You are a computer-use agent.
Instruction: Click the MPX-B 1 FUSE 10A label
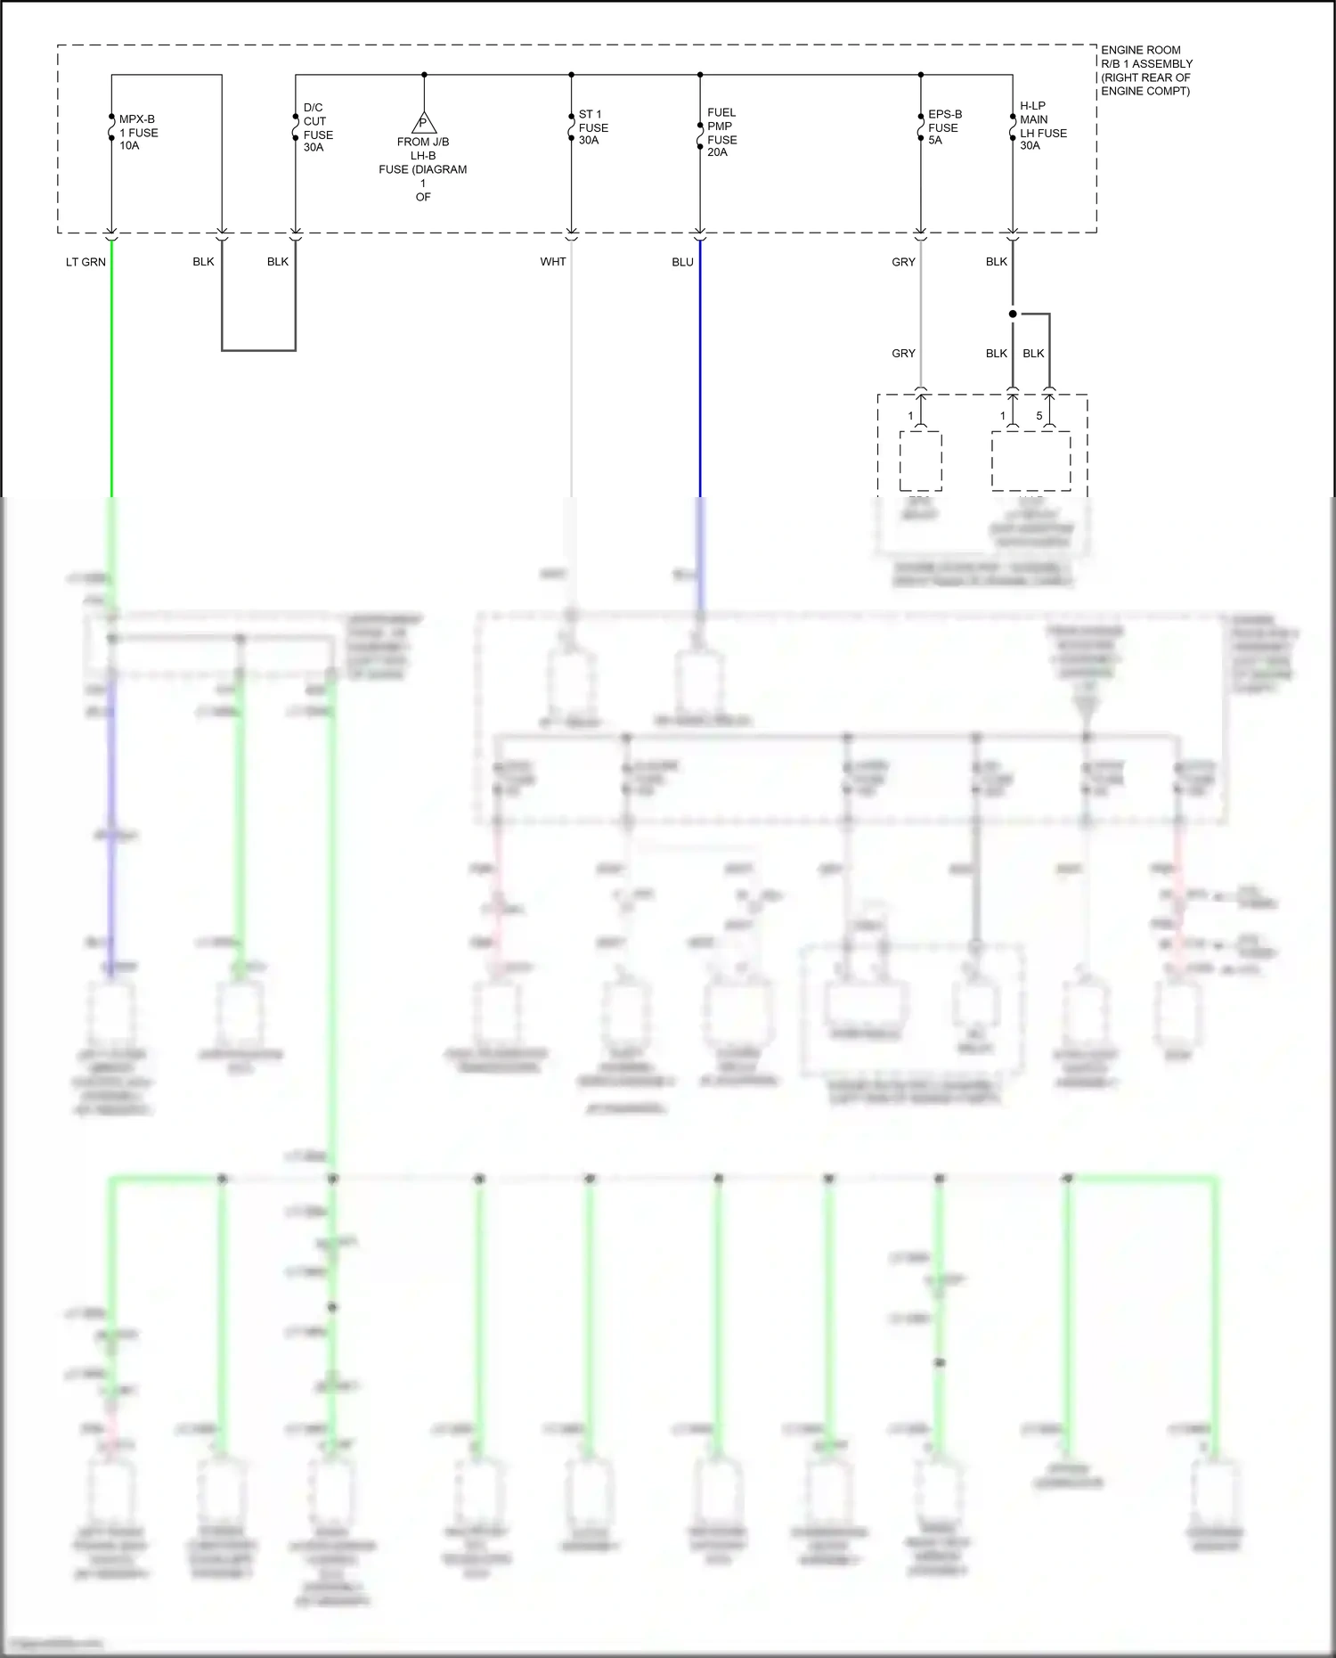coord(138,132)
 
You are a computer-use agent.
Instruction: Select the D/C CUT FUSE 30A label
coord(317,127)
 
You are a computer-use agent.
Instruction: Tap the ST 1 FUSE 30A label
coord(593,127)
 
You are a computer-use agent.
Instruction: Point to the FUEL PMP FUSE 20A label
coord(721,132)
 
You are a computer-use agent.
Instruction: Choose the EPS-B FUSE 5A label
coord(944,127)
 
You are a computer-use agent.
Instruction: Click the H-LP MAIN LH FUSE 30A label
coord(1042,126)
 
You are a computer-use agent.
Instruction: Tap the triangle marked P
coord(424,123)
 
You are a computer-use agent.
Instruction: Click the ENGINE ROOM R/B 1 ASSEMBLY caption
coord(1145,70)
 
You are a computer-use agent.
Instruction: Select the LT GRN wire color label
coord(86,262)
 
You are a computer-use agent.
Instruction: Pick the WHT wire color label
coord(552,262)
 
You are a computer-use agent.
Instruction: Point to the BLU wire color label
coord(682,262)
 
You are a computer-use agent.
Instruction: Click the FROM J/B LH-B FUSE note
coord(423,169)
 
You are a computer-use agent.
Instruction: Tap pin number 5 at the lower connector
coord(1039,416)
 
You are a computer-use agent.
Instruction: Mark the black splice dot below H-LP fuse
coord(1013,314)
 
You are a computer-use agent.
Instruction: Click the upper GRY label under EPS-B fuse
coord(903,262)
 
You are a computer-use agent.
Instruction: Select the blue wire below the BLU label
coord(700,374)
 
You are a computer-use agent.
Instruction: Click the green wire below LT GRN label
coord(111,374)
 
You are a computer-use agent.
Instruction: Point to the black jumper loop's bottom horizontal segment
coord(258,350)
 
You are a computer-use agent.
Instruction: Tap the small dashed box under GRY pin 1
coord(920,461)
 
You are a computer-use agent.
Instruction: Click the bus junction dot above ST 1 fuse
coord(572,75)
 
